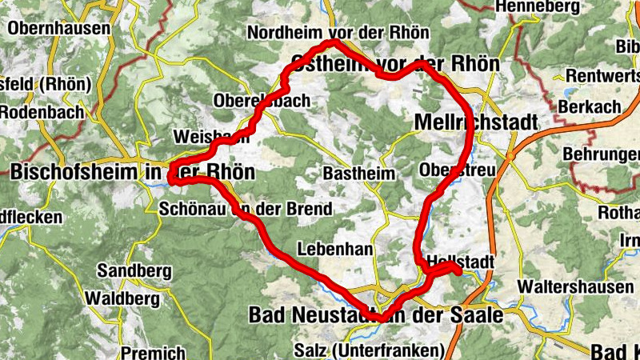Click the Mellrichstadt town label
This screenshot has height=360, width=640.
coord(477,121)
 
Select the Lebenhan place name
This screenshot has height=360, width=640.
coord(334,249)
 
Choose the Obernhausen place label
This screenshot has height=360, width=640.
coord(58,28)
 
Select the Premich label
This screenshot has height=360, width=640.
coord(153,352)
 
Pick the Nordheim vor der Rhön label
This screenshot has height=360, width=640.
coord(338,33)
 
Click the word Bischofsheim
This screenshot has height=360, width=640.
coord(70,171)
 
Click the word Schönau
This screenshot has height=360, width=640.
coord(192,210)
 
